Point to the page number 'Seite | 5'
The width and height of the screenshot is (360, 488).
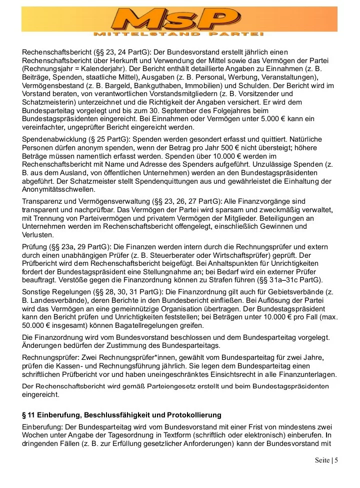coord(326,460)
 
